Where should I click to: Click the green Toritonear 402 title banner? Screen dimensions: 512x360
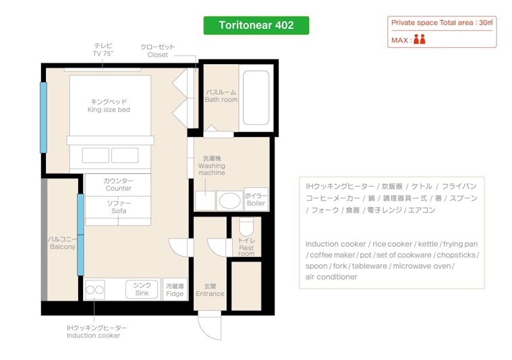pos(256,26)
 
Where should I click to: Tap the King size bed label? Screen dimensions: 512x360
pos(109,110)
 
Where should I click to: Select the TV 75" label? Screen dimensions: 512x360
pos(103,53)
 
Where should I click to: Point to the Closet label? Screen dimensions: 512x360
pos(157,55)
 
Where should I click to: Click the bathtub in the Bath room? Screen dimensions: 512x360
pos(256,98)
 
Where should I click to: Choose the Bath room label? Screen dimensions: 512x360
pos(221,100)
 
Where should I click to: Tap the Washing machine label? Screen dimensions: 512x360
pos(212,169)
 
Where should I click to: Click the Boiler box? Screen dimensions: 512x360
pos(256,199)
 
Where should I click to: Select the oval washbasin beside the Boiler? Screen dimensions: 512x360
pos(229,200)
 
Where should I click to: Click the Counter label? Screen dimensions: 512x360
pos(118,189)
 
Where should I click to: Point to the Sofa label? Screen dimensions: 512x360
pos(119,211)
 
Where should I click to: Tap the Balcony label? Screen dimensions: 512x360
pos(62,247)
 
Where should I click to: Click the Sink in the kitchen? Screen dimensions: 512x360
pos(142,289)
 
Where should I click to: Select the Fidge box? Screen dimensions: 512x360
pos(175,289)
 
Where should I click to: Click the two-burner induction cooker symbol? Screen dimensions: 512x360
pos(94,290)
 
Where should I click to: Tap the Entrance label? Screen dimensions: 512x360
pos(210,294)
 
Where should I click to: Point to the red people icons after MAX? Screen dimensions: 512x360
pos(420,39)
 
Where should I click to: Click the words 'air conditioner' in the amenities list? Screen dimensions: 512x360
pos(331,277)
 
